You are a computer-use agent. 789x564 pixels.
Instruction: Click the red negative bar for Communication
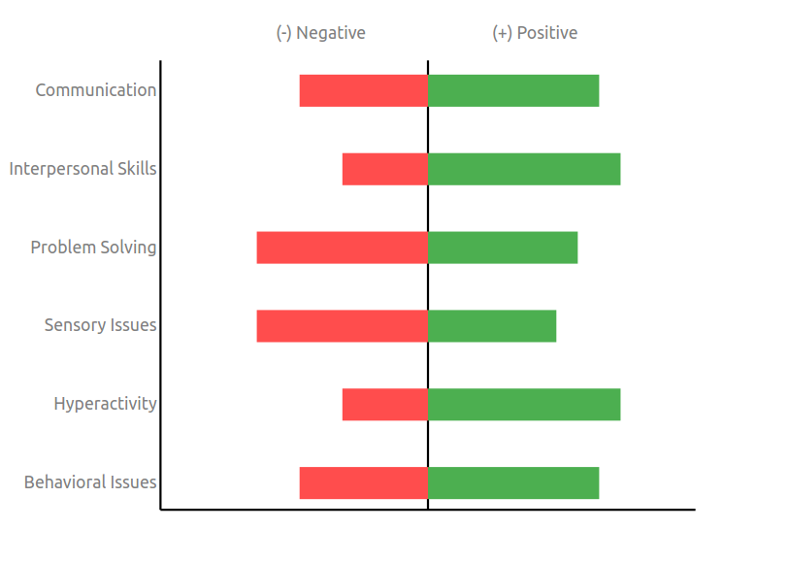(x=364, y=90)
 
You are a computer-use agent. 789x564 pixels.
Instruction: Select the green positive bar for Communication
(x=513, y=90)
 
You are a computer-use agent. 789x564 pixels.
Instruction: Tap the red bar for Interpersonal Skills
(x=385, y=169)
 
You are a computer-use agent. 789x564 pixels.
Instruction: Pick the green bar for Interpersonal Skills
(x=524, y=169)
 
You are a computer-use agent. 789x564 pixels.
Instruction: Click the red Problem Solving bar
(x=343, y=248)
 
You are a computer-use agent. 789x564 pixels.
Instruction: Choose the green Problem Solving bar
(x=503, y=248)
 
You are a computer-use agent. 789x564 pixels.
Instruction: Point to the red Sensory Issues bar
(x=343, y=326)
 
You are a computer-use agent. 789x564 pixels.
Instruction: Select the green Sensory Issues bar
(x=492, y=326)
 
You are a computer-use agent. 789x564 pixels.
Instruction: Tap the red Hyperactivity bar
(x=385, y=405)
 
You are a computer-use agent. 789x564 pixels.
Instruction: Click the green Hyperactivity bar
(x=524, y=405)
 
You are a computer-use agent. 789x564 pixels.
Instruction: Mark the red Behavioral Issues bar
(x=364, y=483)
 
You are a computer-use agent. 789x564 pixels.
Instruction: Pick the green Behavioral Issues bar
(x=513, y=483)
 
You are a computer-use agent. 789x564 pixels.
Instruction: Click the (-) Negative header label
(x=320, y=33)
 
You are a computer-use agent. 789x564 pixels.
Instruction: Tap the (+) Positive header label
(x=535, y=33)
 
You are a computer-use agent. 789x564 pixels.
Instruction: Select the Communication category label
(x=96, y=90)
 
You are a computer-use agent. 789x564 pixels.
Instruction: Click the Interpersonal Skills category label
(x=82, y=169)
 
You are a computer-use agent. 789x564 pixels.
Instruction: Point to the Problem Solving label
(x=93, y=248)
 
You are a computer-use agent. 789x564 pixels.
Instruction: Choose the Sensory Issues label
(x=100, y=326)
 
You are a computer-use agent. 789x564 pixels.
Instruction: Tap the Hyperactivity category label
(x=105, y=405)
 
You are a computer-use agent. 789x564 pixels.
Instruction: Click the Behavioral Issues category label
(x=90, y=483)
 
